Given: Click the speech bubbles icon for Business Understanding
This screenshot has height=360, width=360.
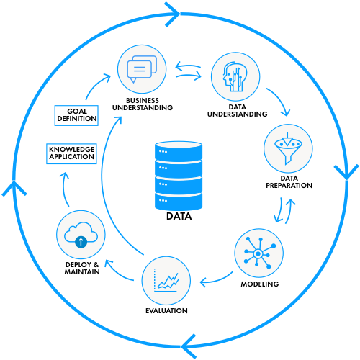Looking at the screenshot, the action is pyautogui.click(x=142, y=69).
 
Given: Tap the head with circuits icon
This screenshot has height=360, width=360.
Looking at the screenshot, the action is pyautogui.click(x=235, y=76).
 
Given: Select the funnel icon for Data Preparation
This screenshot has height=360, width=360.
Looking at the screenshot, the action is pyautogui.click(x=288, y=148).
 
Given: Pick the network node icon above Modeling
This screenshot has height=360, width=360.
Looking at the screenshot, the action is pyautogui.click(x=259, y=253).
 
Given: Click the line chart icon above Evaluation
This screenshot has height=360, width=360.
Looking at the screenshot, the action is pyautogui.click(x=166, y=280).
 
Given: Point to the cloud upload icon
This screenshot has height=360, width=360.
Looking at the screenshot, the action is pyautogui.click(x=81, y=235).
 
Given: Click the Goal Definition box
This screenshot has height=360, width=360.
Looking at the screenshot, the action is pyautogui.click(x=76, y=115).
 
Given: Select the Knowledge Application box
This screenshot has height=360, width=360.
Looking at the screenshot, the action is pyautogui.click(x=71, y=153).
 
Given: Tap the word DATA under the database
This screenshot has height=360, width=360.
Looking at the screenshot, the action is pyautogui.click(x=179, y=216).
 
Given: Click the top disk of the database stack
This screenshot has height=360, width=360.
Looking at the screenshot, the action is pyautogui.click(x=179, y=150).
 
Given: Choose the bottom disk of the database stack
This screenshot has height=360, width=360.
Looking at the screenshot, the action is pyautogui.click(x=179, y=201).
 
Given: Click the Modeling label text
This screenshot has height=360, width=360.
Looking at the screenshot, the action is pyautogui.click(x=260, y=284).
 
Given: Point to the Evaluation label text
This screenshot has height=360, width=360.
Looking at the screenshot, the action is pyautogui.click(x=166, y=311).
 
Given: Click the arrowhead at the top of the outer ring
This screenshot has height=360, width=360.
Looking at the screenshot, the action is pyautogui.click(x=173, y=14).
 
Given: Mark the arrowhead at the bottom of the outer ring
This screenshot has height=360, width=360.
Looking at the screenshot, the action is pyautogui.click(x=189, y=346).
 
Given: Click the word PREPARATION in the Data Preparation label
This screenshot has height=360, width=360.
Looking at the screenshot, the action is pyautogui.click(x=289, y=186).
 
